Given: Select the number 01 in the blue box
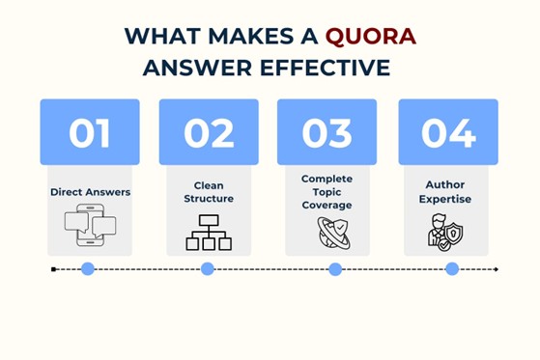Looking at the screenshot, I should (90, 132).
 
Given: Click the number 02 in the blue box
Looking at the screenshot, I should (209, 132).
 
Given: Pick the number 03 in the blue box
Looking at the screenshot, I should (327, 132).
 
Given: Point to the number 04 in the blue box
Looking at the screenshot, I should (448, 132).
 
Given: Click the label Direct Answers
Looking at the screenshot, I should (90, 192).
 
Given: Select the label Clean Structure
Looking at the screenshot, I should (209, 192).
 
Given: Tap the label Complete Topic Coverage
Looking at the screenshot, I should (327, 192).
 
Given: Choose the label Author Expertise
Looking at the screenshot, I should (448, 191).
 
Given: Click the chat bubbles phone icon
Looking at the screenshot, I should (90, 228).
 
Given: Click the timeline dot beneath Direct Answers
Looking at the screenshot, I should (88, 269).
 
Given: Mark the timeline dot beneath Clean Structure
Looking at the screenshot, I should (208, 269).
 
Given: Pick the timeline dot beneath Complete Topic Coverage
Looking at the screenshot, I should (335, 269).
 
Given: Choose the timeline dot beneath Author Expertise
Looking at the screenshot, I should (452, 269).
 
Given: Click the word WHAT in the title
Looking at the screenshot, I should (158, 37).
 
